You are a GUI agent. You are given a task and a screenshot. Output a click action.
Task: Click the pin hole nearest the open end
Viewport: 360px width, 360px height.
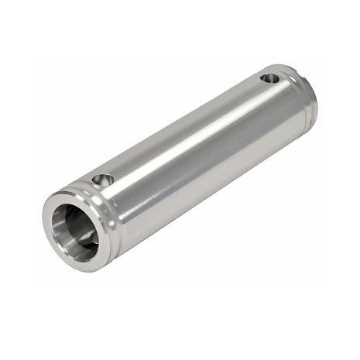tap(103, 180)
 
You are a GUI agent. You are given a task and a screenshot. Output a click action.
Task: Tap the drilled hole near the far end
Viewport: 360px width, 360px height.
tap(269, 78)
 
